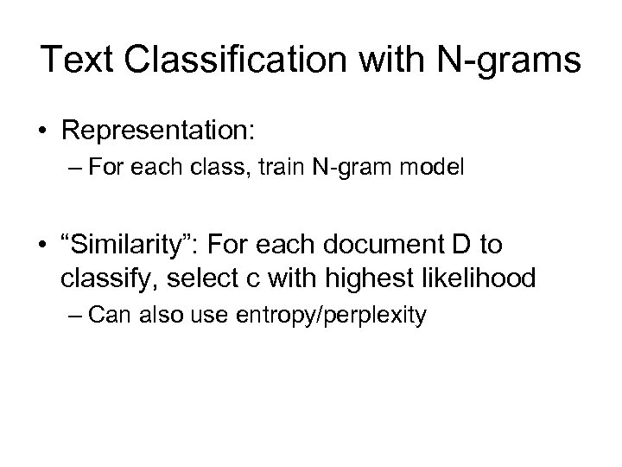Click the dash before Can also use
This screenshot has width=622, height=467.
pyautogui.click(x=74, y=314)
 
